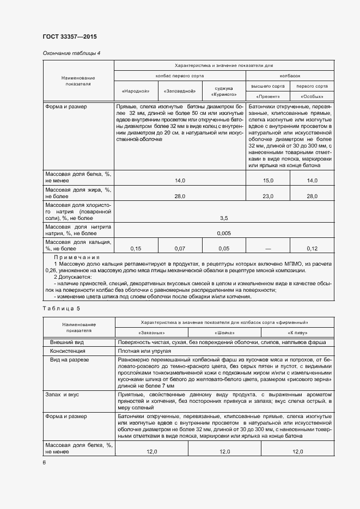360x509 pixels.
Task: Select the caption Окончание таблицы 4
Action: pyautogui.click(x=71, y=53)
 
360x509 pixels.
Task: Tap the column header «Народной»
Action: pyautogui.click(x=136, y=90)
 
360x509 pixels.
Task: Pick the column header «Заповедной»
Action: pyautogui.click(x=179, y=90)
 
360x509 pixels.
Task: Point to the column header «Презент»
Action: pyautogui.click(x=267, y=96)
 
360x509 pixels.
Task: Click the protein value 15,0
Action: pyautogui.click(x=267, y=180)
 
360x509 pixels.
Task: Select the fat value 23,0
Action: pyautogui.click(x=267, y=196)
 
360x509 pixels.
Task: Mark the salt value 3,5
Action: pyautogui.click(x=223, y=218)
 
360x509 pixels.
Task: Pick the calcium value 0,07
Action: pyautogui.click(x=179, y=248)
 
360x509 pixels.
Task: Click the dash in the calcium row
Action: pyautogui.click(x=267, y=248)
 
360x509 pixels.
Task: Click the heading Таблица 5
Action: pyautogui.click(x=61, y=309)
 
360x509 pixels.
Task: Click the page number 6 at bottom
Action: pyautogui.click(x=45, y=462)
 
